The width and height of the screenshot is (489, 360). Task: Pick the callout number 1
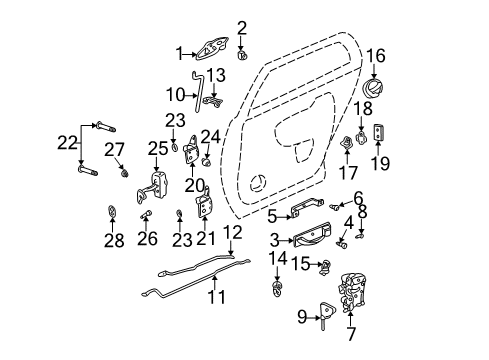[180, 53]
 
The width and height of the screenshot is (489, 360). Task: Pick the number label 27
[115, 149]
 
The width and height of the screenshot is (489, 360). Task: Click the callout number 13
[216, 74]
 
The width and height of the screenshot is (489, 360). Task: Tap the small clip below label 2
[242, 55]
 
